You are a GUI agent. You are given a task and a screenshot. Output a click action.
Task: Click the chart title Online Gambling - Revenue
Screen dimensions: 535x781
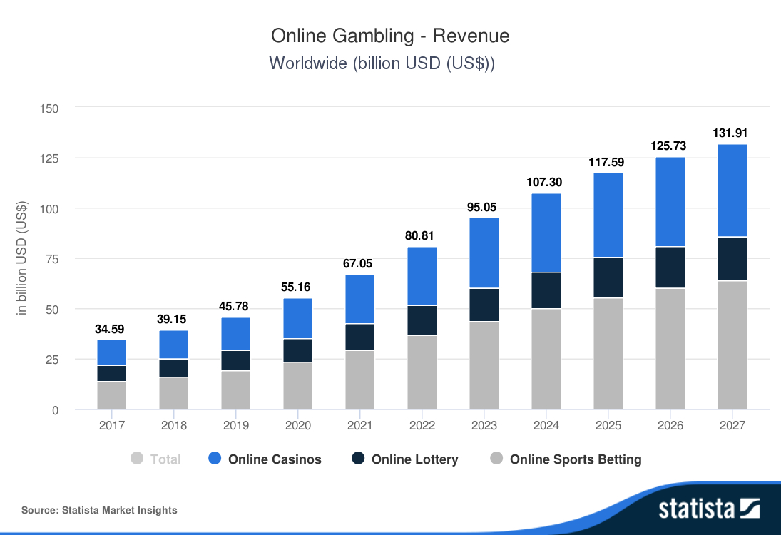tap(390, 36)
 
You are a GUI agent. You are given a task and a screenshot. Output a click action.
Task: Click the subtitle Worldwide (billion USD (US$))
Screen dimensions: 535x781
tap(382, 63)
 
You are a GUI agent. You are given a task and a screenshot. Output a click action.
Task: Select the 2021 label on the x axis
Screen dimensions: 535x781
tap(360, 425)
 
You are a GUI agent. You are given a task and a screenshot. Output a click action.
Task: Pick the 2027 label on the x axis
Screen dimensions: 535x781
tap(732, 425)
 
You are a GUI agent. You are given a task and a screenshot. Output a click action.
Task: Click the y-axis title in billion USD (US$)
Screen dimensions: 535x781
tap(22, 258)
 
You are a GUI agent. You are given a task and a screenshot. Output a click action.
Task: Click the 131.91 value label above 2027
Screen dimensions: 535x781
tap(732, 133)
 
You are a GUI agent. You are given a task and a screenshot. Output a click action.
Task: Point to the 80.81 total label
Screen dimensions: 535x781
tap(422, 235)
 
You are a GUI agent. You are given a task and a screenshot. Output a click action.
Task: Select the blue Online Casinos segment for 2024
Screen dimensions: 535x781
tap(546, 233)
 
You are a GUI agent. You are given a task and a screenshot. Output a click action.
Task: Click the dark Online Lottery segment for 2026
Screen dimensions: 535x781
tap(670, 267)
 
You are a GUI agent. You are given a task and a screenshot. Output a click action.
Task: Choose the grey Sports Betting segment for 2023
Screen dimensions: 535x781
tap(484, 365)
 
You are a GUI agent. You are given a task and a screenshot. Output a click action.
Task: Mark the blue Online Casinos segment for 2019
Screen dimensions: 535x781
tap(236, 334)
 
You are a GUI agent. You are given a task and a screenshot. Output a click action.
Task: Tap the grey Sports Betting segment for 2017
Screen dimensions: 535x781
tap(112, 395)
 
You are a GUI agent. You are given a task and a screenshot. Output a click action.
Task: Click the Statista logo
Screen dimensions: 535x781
tap(709, 508)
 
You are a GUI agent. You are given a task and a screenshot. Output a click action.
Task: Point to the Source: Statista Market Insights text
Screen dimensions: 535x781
tap(99, 510)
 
